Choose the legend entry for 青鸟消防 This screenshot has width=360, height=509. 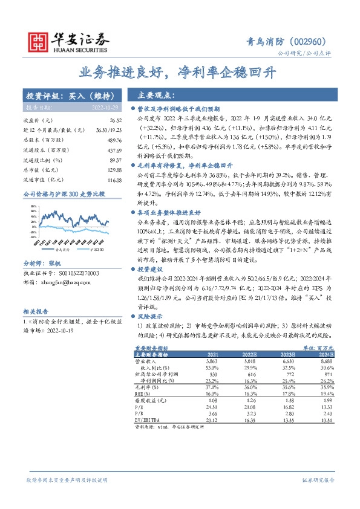(62, 248)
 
